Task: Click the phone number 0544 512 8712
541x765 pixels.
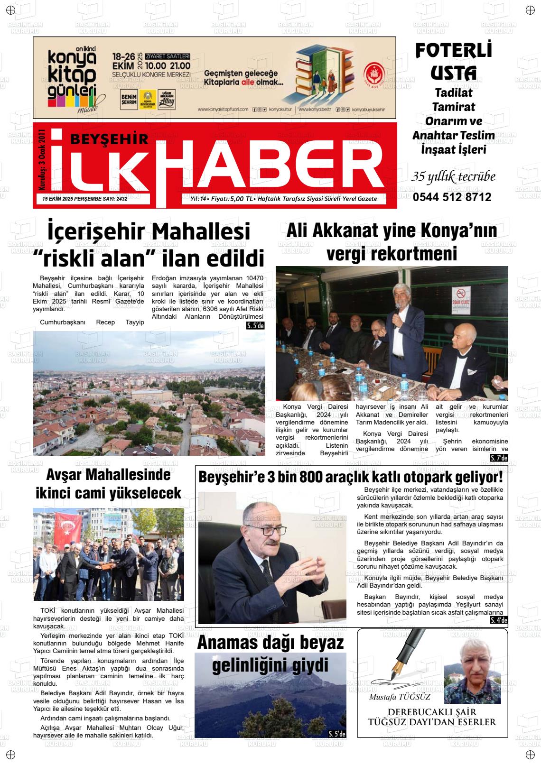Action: [452, 197]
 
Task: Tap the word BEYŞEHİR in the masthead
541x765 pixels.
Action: [109, 138]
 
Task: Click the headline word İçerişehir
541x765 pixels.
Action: [96, 231]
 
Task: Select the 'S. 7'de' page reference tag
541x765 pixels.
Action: [499, 458]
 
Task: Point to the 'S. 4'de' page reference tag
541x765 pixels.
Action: [499, 620]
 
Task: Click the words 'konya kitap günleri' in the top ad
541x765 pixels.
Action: [72, 77]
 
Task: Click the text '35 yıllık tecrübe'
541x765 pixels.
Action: [453, 177]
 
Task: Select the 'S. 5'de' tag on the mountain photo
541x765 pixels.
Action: [337, 734]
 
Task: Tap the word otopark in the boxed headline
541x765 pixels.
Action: [426, 477]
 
